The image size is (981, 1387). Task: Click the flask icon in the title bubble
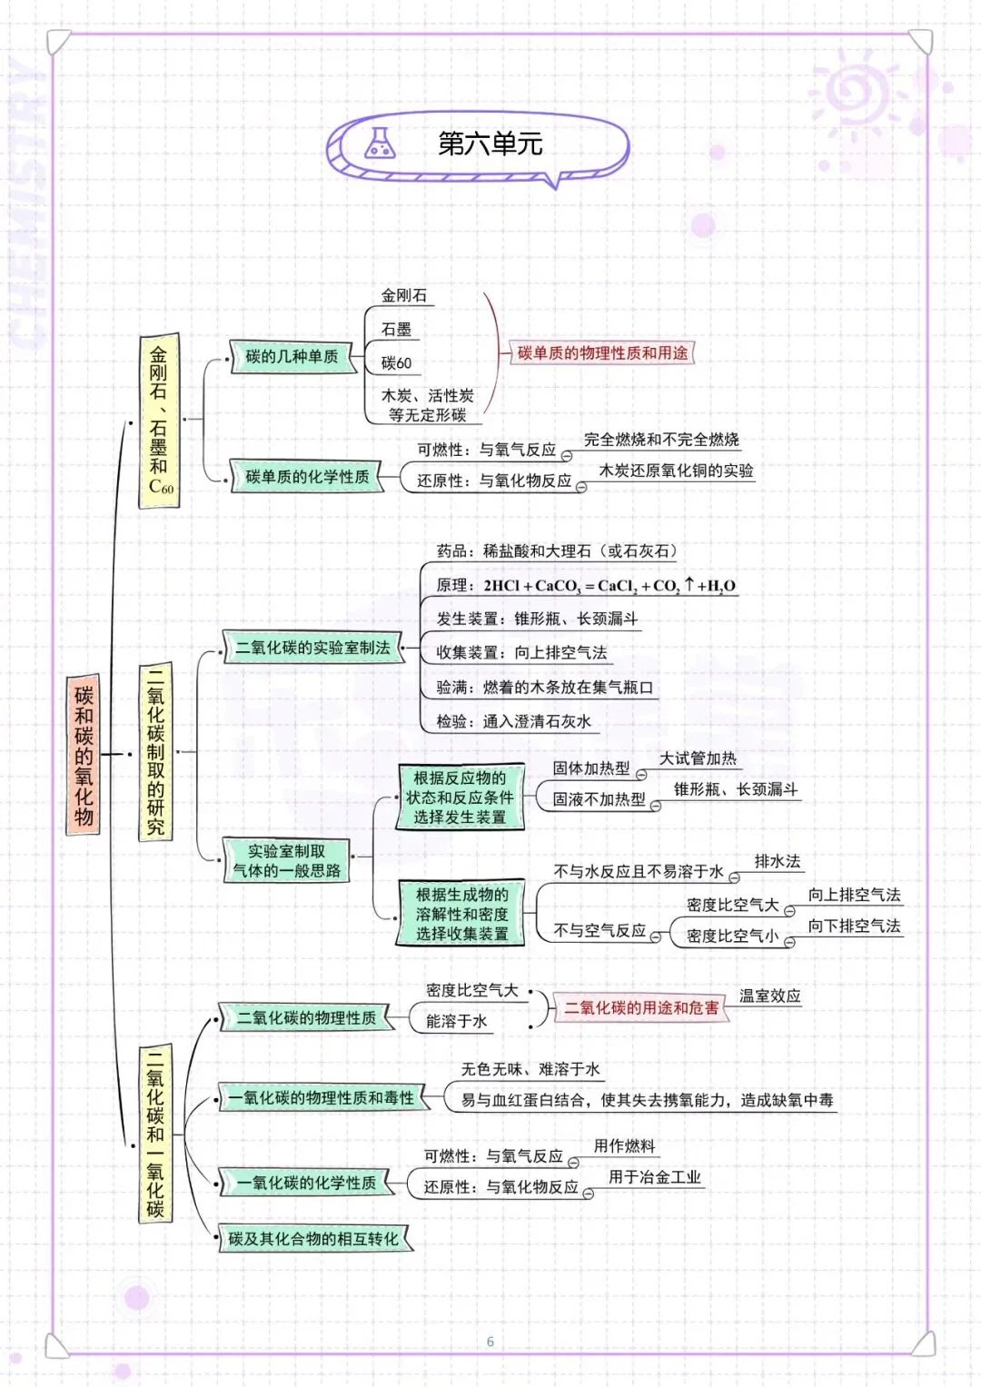(380, 144)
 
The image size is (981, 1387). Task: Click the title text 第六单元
(490, 144)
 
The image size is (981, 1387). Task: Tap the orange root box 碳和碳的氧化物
(84, 755)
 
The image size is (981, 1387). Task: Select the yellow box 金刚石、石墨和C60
(159, 421)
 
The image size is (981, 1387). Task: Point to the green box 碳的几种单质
(292, 357)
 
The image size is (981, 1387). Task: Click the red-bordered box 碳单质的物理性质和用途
(602, 353)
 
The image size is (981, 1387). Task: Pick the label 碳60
(396, 363)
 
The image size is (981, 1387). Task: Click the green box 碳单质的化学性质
(307, 477)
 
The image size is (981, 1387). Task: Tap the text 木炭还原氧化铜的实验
(676, 471)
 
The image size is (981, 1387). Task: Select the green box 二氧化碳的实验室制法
(312, 648)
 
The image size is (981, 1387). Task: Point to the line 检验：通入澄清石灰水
(513, 722)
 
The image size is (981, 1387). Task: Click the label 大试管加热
(698, 758)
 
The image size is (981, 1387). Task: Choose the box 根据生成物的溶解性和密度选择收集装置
(461, 914)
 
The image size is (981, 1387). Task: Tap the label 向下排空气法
(854, 926)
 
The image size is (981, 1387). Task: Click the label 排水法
(778, 861)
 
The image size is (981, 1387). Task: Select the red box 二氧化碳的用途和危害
(641, 1007)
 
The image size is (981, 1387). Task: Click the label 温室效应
(769, 996)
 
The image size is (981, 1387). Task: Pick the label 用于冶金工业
(654, 1177)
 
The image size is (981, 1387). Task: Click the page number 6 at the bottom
(490, 1342)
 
